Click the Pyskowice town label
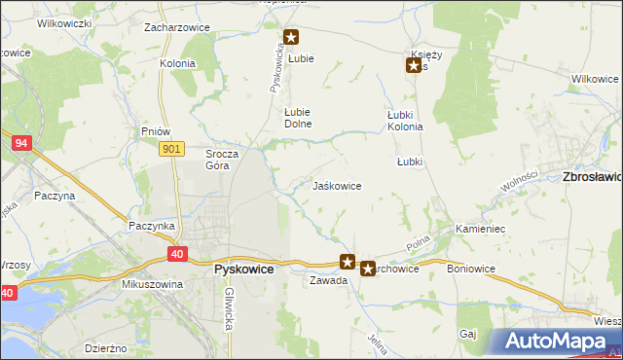(x=242, y=269)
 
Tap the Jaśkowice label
(x=337, y=185)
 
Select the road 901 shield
(x=171, y=148)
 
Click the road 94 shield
(x=21, y=143)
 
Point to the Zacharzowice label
(x=177, y=27)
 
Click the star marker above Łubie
(x=291, y=38)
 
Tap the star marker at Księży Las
(x=414, y=66)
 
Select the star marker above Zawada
(x=348, y=261)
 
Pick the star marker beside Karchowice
(x=367, y=268)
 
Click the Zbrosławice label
(x=593, y=177)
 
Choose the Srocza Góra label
(x=217, y=160)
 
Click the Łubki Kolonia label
(x=405, y=121)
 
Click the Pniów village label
(x=156, y=131)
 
